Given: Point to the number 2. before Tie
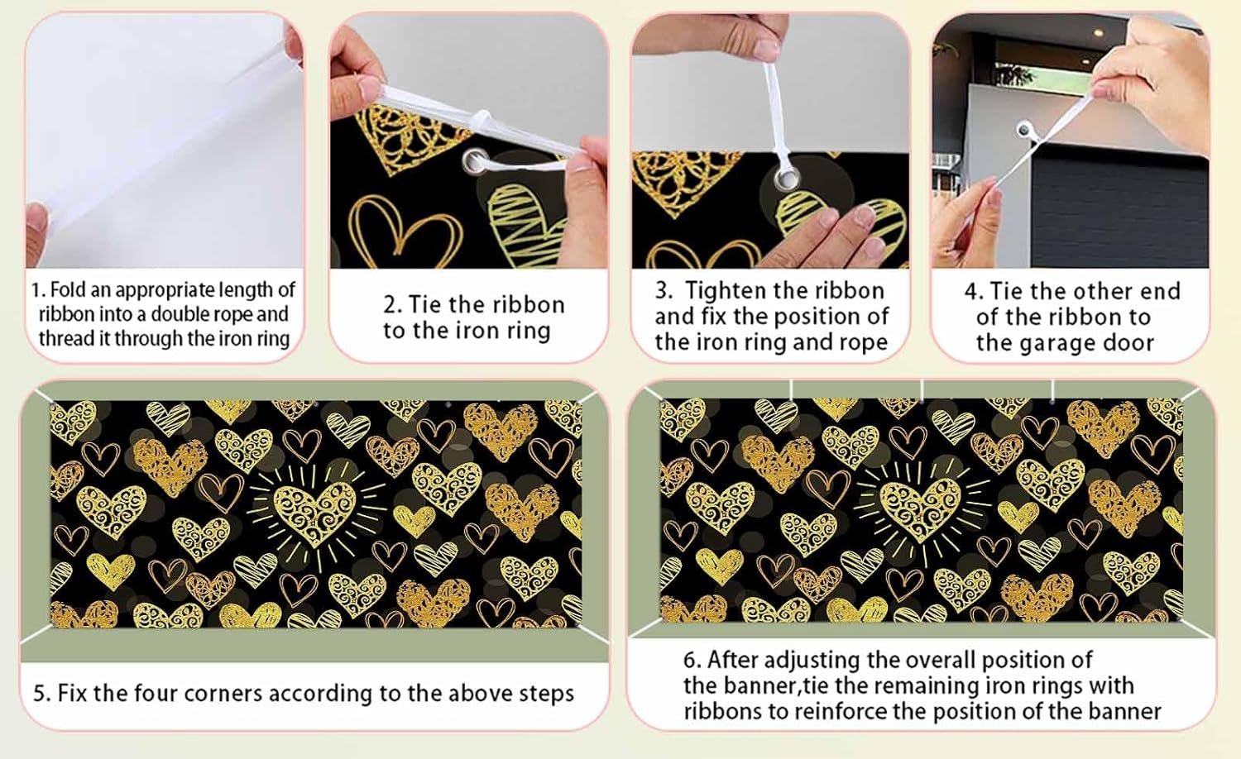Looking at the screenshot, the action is [392, 305].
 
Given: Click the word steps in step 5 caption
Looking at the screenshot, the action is [545, 695].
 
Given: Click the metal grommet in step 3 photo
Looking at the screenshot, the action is [787, 179].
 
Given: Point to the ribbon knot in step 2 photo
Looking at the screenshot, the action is [481, 120].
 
